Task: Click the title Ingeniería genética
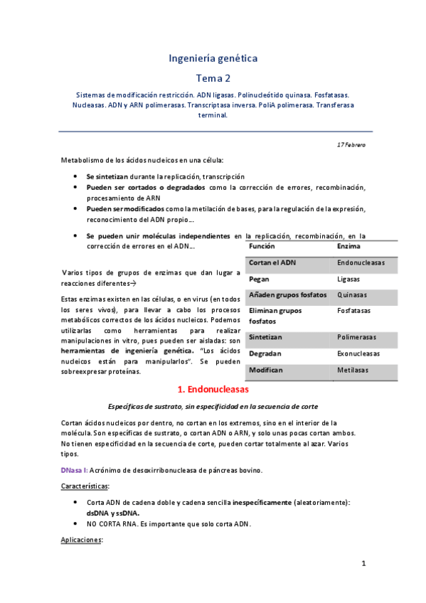213,58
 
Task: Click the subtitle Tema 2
213,78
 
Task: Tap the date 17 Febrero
351,145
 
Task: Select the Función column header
262,246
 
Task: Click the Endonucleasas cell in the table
361,262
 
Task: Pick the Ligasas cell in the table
348,279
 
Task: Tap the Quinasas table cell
351,295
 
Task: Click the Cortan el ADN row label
272,262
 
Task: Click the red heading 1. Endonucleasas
213,390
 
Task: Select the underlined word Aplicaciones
82,540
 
